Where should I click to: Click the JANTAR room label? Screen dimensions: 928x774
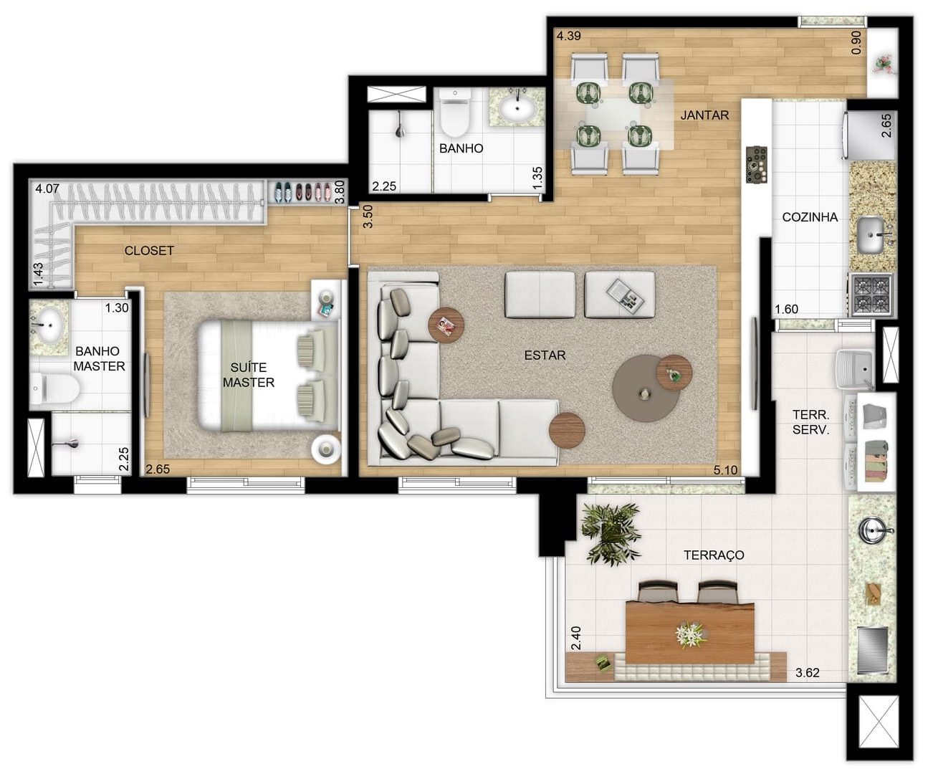[704, 115]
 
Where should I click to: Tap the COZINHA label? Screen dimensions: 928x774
[810, 217]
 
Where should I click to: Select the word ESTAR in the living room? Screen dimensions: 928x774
[545, 355]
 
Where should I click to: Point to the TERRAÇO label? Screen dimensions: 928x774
[714, 555]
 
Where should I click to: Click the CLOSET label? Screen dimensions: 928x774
[149, 251]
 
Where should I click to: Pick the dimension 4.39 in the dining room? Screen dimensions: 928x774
[569, 36]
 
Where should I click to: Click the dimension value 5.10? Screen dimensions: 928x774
[725, 470]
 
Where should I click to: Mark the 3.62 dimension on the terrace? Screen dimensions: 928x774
[807, 673]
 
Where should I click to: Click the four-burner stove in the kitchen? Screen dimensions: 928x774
[871, 295]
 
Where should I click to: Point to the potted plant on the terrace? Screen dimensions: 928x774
[611, 533]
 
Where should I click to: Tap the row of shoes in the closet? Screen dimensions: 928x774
[302, 192]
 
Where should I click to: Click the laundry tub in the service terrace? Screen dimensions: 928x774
[854, 368]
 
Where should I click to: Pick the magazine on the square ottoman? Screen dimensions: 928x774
[625, 294]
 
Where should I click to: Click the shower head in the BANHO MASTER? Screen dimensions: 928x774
[67, 443]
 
